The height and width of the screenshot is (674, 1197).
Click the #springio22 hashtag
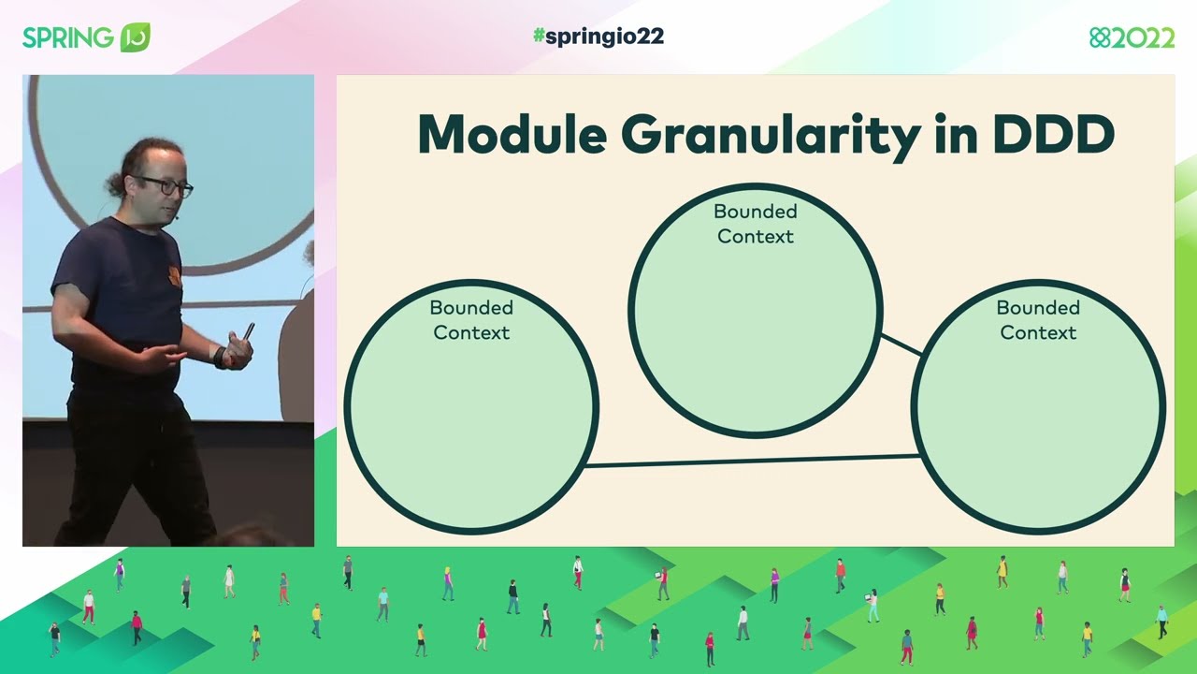[x=598, y=37]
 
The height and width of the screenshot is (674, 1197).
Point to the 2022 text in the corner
[x=1143, y=37]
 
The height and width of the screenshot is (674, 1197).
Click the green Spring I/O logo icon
[x=135, y=37]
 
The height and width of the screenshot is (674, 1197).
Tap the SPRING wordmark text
[x=68, y=37]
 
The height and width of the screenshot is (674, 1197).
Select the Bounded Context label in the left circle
[x=471, y=320]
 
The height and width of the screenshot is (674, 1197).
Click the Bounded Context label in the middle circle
[x=756, y=224]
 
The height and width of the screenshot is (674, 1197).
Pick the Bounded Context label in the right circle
[x=1038, y=320]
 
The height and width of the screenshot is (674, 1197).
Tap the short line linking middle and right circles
[x=901, y=344]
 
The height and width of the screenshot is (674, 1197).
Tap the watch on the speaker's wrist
[x=221, y=357]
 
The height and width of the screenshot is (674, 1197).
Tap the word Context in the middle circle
[x=756, y=237]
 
